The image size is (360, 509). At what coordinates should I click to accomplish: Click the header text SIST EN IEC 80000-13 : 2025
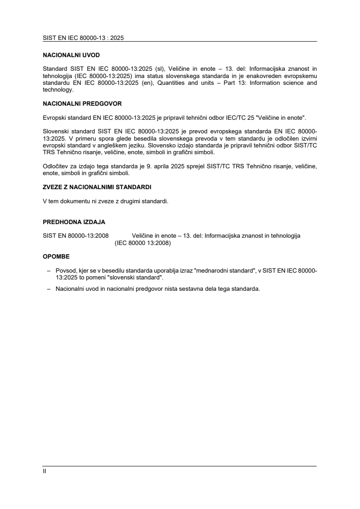(83, 38)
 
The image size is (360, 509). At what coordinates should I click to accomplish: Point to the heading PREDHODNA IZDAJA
(74, 222)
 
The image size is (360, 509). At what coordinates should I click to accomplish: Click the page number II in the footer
(44, 471)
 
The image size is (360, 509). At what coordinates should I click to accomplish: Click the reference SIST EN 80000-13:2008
(75, 236)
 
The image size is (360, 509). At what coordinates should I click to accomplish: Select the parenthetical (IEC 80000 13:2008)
(143, 243)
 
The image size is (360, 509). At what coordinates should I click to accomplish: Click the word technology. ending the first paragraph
(58, 90)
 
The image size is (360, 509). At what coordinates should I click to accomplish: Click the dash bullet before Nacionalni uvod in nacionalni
(49, 289)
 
